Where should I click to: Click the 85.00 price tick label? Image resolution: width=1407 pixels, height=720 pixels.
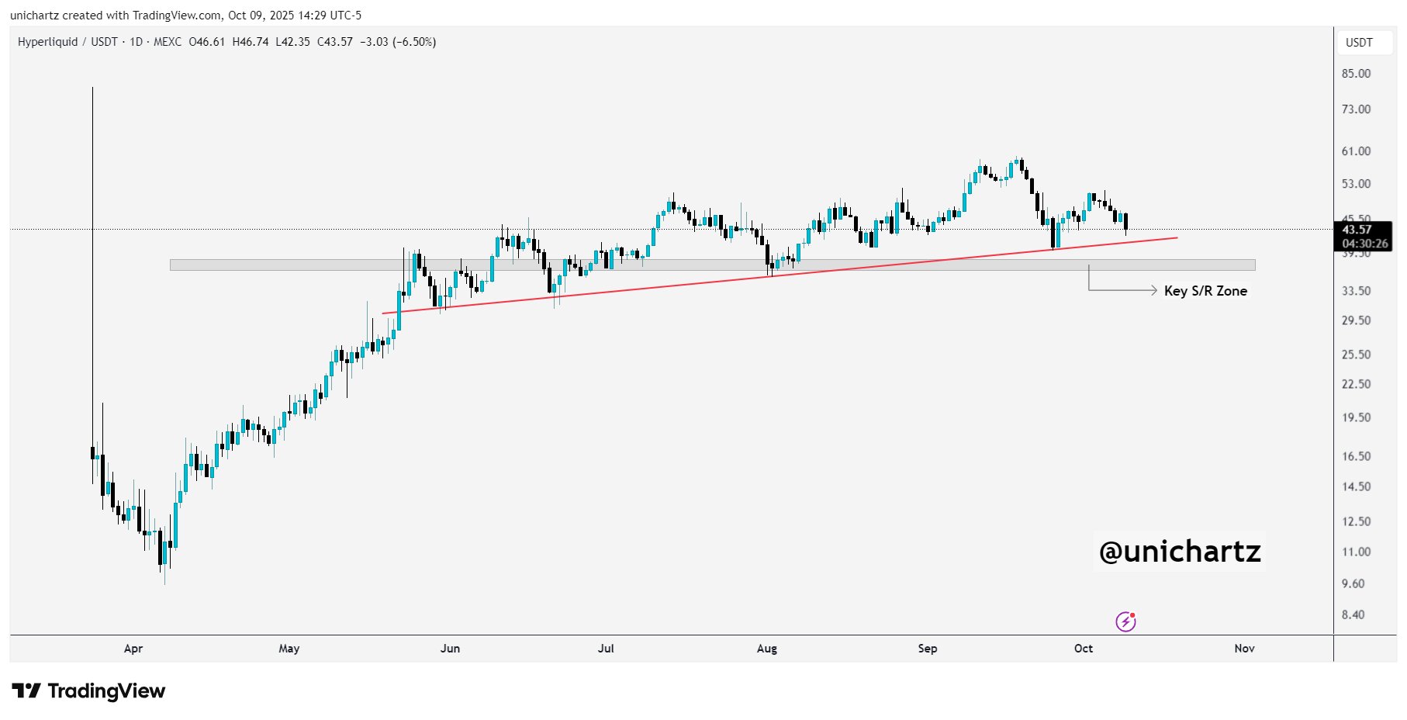[x=1356, y=74]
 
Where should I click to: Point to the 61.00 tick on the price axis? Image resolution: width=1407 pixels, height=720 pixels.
[x=1356, y=151]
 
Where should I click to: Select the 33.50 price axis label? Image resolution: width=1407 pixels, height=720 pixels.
[x=1356, y=291]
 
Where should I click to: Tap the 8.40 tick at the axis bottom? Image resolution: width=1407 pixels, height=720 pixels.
[x=1353, y=614]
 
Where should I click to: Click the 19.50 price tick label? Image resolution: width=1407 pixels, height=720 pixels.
[x=1356, y=417]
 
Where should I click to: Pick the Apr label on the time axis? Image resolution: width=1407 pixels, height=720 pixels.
[x=133, y=649]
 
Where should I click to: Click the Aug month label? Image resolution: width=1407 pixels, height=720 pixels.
[x=766, y=649]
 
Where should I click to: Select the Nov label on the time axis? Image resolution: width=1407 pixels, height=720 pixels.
[x=1244, y=649]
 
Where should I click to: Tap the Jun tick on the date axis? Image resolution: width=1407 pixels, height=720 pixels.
[x=450, y=649]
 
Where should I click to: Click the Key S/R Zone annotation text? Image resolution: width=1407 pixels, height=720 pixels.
[x=1205, y=291]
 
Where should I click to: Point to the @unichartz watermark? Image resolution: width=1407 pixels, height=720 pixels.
[x=1180, y=552]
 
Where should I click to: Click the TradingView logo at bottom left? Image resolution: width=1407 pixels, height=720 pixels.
[x=88, y=691]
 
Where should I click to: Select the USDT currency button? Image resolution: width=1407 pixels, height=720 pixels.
[x=1359, y=43]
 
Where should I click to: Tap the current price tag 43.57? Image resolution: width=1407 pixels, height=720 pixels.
[x=1357, y=230]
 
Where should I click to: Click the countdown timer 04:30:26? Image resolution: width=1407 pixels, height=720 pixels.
[x=1365, y=244]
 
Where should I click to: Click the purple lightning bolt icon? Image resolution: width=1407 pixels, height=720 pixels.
[x=1125, y=621]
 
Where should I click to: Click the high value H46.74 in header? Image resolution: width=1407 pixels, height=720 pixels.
[x=251, y=42]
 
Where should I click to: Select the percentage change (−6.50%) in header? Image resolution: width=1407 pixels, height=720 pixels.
[x=414, y=42]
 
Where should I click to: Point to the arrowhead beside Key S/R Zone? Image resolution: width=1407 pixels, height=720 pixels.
[x=1153, y=290]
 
